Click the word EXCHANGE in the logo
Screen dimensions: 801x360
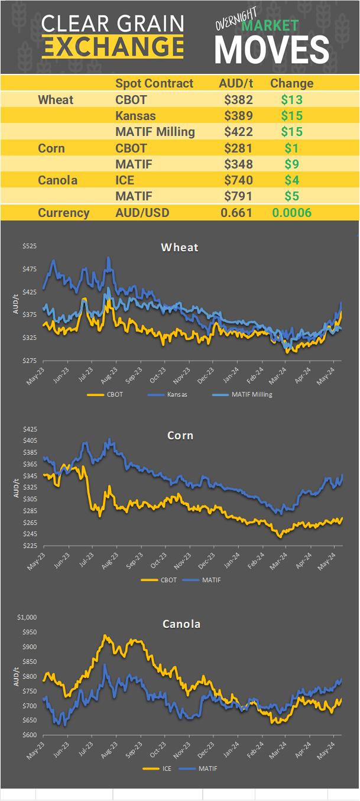[x=113, y=46]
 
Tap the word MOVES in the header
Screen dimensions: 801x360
[x=271, y=50]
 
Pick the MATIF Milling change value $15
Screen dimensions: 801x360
[x=292, y=132]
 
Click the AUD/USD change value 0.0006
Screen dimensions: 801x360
[x=291, y=213]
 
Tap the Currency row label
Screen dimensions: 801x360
[x=64, y=213]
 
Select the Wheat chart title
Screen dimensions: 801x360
[x=180, y=247]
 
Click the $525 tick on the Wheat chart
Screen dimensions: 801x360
[x=29, y=246]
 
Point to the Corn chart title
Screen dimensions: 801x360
[x=180, y=436]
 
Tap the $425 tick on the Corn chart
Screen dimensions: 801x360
[x=29, y=429]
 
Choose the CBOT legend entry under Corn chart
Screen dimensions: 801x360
[x=168, y=580]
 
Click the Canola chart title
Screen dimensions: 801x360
[x=181, y=624]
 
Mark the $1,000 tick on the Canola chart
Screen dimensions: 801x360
[x=27, y=617]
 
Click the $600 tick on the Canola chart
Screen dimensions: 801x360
[x=29, y=735]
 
